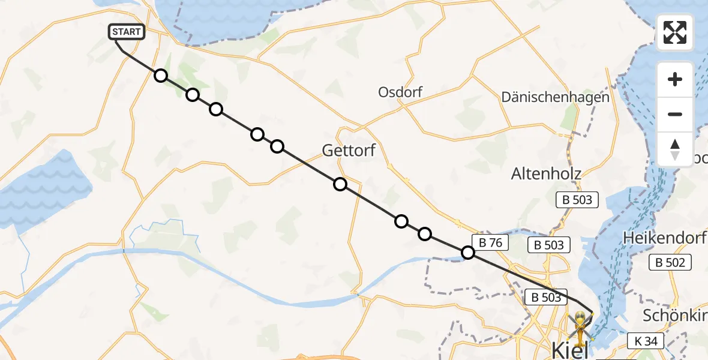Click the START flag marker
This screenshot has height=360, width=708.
coord(127,32)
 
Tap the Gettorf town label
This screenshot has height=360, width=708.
coord(349,150)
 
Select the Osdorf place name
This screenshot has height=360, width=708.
coord(400,92)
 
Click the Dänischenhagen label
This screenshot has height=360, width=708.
coord(555,97)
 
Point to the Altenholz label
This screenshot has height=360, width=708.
coord(546,174)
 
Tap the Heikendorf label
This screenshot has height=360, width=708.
coord(664,238)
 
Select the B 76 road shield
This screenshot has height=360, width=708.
coord(490,242)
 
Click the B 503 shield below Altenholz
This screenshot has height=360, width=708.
coord(578,200)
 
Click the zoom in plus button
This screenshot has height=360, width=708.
coord(675,79)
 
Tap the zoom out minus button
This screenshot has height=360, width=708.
coord(675,114)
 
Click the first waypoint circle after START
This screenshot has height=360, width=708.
coord(160,76)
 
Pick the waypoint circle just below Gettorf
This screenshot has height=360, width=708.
coord(340,184)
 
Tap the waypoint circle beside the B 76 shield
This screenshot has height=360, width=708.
coord(468,253)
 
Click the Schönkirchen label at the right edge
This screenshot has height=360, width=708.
coord(675,316)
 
